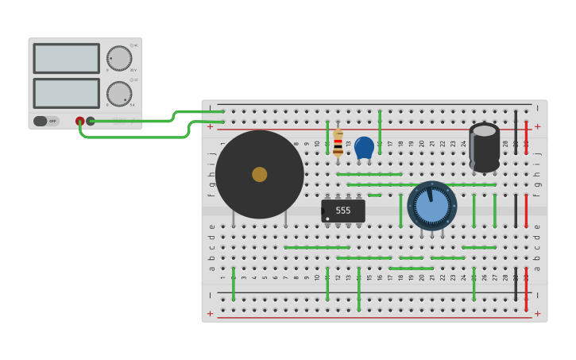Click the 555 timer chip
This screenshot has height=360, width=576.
343,211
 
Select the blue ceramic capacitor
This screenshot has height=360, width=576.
364,147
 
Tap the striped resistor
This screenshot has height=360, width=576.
338,144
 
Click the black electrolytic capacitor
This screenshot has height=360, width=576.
484,149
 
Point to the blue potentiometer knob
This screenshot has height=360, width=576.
432,206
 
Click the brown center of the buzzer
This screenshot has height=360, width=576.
260,174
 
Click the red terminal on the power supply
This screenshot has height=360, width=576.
80,122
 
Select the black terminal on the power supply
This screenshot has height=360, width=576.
91,122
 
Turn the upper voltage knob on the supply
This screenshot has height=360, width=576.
119,58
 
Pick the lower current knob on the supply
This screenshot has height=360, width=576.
119,93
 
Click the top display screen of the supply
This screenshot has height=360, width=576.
67,59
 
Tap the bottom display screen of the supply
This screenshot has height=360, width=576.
67,93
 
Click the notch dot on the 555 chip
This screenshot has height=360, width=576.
327,219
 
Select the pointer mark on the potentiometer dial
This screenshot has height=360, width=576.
430,193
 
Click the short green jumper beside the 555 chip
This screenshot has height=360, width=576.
374,195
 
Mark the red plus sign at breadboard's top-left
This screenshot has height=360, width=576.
210,126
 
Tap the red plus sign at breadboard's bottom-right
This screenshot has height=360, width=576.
537,313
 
